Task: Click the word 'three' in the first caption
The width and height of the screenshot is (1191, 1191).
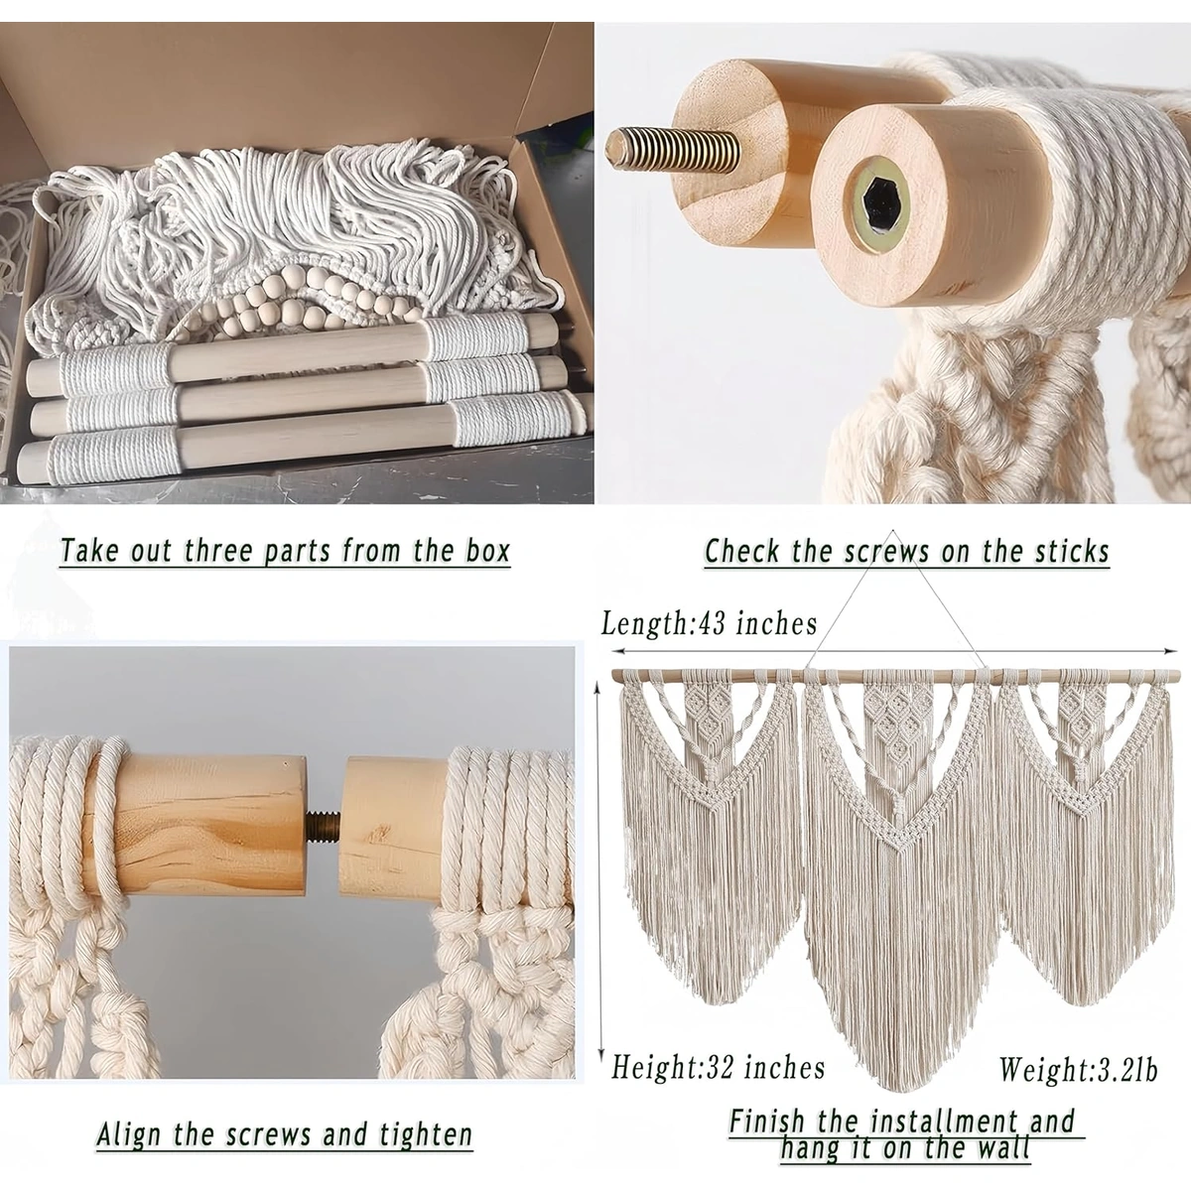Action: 219,550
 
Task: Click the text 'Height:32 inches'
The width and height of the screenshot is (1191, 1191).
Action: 719,1067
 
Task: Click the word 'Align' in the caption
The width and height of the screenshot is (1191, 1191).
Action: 130,1134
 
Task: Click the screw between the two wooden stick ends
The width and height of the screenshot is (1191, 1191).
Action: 322,825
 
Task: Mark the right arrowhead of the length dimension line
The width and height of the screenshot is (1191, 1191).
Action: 1170,651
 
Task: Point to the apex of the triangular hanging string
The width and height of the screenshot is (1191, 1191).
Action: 892,530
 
